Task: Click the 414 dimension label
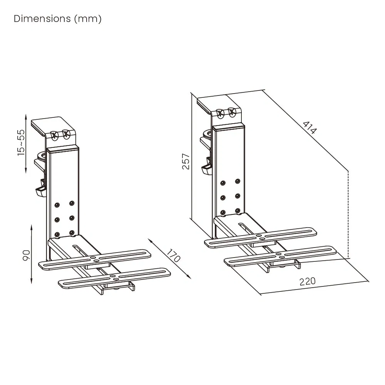coord(310,127)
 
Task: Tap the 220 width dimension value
coord(308,281)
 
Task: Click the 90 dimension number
coord(26,255)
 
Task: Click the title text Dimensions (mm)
coord(57,19)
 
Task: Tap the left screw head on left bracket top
coord(54,135)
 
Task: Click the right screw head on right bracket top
coord(231,113)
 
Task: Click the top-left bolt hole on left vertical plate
coord(57,204)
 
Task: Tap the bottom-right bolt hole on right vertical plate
coord(238,211)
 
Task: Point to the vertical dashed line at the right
coord(348,214)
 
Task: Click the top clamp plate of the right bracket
coord(212,103)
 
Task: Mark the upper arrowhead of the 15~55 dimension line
coord(25,116)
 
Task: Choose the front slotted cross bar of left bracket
coord(115,277)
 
